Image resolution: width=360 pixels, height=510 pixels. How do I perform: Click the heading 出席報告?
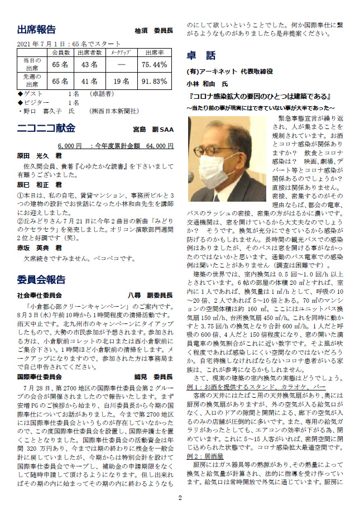click(x=36, y=29)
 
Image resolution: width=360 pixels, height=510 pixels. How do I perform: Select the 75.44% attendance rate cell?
click(x=154, y=65)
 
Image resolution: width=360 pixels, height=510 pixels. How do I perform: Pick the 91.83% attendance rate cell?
click(x=154, y=81)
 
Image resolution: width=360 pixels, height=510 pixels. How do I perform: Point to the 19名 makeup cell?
click(x=122, y=81)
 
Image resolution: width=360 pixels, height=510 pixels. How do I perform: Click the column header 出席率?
click(x=154, y=53)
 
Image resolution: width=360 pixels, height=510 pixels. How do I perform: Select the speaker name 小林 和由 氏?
click(x=206, y=83)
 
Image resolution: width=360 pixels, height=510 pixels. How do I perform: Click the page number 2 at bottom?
click(x=180, y=498)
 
